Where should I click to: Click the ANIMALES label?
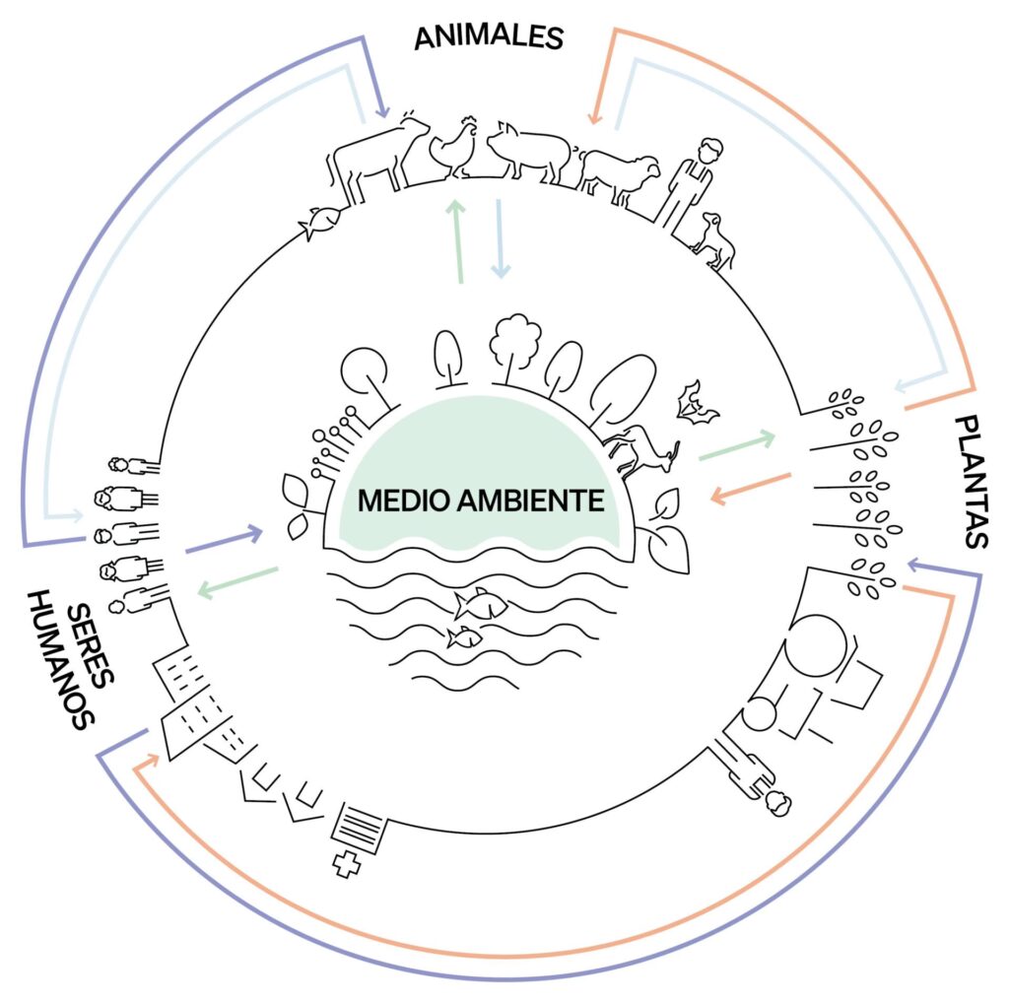pyautogui.click(x=488, y=36)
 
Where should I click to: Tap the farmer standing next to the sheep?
pyautogui.click(x=690, y=182)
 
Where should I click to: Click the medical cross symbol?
pyautogui.click(x=346, y=865)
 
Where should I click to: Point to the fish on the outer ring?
pyautogui.click(x=320, y=223)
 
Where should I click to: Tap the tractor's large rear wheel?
pyautogui.click(x=817, y=645)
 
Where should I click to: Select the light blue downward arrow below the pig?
pyautogui.click(x=499, y=236)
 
